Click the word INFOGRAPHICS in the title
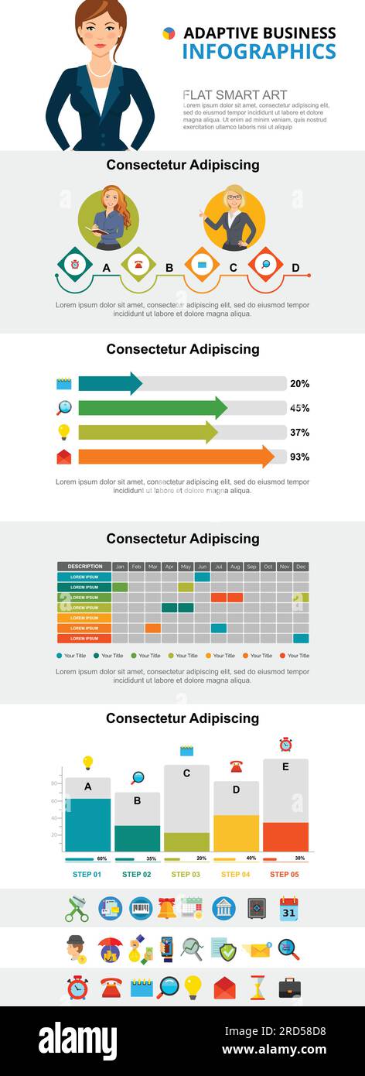(x=259, y=52)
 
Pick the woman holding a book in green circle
(x=109, y=219)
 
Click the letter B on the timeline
(x=169, y=268)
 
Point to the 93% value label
(x=299, y=457)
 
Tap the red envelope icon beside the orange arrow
(x=64, y=457)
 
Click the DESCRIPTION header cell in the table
(x=84, y=567)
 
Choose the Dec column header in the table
(x=301, y=567)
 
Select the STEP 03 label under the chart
(x=186, y=874)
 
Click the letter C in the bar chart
(x=186, y=773)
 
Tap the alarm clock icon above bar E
(x=285, y=745)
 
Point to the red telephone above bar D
(x=236, y=766)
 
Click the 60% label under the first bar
(x=102, y=858)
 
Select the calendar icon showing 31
(x=288, y=907)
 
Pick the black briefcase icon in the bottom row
(x=289, y=988)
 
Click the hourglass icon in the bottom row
(x=257, y=988)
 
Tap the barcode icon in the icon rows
(x=140, y=907)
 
